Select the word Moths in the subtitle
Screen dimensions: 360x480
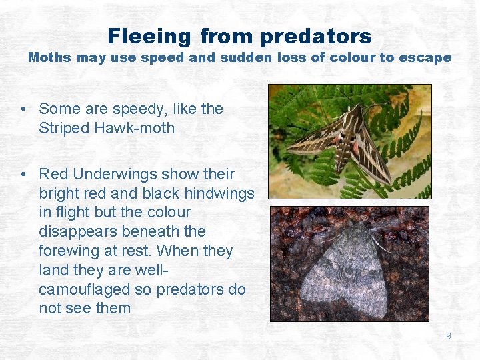click(x=49, y=57)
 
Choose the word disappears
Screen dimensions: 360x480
click(x=75, y=232)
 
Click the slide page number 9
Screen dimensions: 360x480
click(x=449, y=336)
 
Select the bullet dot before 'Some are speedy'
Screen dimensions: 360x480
click(x=23, y=109)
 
